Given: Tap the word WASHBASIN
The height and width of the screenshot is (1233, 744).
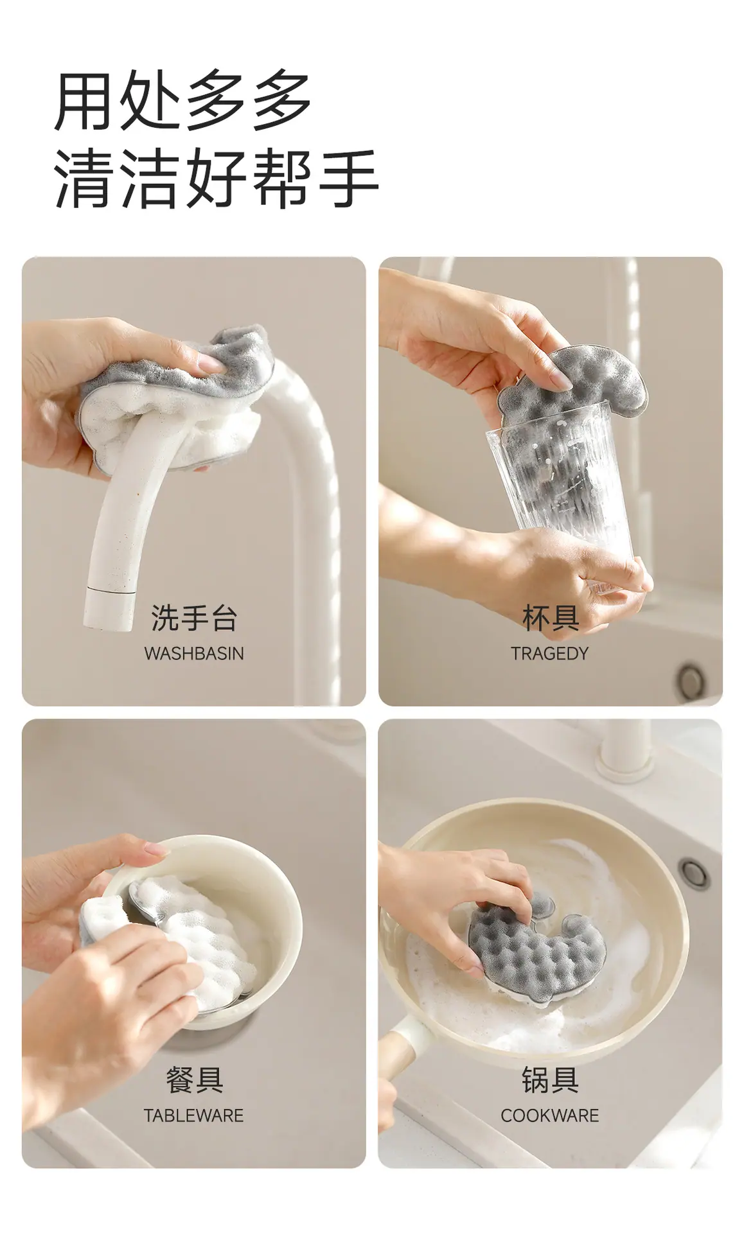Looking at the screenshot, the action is click(x=194, y=653).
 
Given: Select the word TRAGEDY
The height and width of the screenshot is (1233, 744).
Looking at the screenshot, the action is click(x=549, y=653).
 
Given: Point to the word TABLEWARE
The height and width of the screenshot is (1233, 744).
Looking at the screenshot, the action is click(x=193, y=1115).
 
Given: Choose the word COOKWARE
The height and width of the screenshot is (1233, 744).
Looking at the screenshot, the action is click(x=549, y=1115).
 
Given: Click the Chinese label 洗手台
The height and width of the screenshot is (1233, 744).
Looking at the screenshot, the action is click(x=194, y=618).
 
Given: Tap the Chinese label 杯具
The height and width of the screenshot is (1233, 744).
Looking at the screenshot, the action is click(x=551, y=618).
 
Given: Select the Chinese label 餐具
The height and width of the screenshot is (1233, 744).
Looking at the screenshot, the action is click(x=194, y=1080).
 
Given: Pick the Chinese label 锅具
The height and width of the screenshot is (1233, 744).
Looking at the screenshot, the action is click(x=550, y=1080).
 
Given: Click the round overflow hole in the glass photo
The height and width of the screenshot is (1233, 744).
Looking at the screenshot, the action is click(x=691, y=679).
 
